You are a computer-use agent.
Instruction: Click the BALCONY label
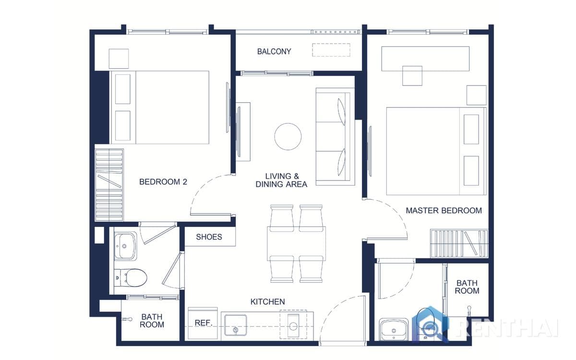274,51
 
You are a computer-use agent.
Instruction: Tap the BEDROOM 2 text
163,182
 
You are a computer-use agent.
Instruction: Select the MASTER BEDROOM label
444,210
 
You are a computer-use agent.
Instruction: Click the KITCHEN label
267,302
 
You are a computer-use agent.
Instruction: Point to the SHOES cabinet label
209,237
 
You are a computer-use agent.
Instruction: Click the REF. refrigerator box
202,324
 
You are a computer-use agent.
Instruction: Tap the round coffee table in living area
288,136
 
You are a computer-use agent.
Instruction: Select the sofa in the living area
332,136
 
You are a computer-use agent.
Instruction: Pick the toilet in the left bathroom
130,277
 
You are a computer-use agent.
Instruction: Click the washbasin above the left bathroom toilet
125,246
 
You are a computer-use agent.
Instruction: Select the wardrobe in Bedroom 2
109,185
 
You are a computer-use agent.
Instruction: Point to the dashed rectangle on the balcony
331,50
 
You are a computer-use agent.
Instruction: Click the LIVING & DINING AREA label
281,180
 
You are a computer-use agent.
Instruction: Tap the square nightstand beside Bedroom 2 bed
119,59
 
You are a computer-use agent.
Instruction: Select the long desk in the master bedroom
425,59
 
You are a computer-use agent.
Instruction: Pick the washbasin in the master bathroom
394,329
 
